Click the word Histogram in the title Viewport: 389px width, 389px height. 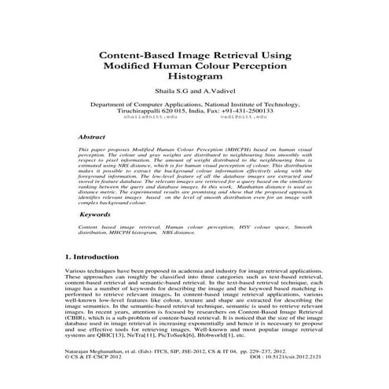point(194,79)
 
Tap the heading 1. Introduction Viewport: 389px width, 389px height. point(90,257)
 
